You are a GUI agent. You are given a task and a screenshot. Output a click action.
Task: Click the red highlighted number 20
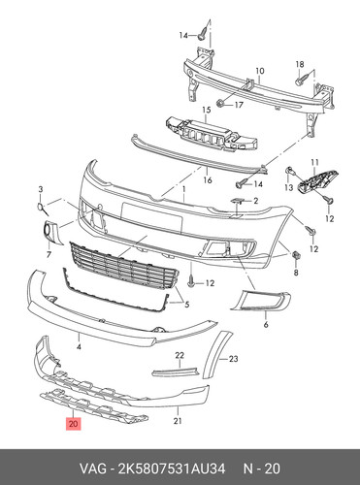(74, 424)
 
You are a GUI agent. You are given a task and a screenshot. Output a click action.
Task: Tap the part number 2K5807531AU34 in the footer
(172, 469)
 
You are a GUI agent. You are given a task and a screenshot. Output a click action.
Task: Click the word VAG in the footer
(93, 469)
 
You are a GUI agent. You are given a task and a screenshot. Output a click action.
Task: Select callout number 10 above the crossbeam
(260, 71)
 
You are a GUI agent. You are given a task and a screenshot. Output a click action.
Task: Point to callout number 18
(300, 64)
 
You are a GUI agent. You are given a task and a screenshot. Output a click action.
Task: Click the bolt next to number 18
(300, 81)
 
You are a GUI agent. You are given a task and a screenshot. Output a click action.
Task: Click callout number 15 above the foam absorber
(207, 110)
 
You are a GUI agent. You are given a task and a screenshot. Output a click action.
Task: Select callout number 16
(208, 179)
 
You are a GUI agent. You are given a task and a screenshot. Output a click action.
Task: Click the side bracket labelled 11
(317, 182)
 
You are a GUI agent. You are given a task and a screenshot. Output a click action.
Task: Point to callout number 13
(288, 187)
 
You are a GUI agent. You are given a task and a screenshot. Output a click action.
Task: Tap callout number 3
(41, 189)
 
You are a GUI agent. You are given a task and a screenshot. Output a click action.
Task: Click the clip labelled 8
(296, 256)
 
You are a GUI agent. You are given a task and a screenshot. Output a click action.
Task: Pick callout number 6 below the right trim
(266, 324)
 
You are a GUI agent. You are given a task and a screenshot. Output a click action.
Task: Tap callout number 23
(233, 359)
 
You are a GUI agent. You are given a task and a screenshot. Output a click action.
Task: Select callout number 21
(178, 421)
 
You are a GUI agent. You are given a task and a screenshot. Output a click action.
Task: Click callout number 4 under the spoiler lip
(79, 347)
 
